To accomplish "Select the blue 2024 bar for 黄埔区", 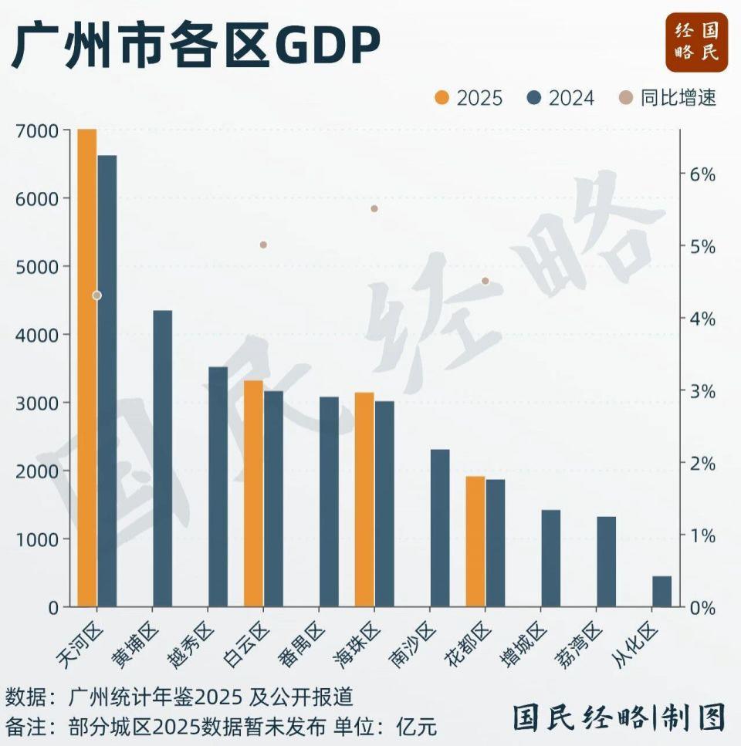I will (162, 459).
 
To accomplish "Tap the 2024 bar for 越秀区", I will (218, 487).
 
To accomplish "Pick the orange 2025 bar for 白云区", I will (254, 494).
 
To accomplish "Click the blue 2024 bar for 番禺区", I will (329, 501).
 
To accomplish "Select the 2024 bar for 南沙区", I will (440, 528).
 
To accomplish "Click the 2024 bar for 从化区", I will (662, 592).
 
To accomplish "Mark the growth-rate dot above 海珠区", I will (374, 208).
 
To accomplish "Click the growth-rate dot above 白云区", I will (263, 245).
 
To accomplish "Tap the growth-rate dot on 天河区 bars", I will (96, 295).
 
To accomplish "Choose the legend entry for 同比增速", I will (668, 98).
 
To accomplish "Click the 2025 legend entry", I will (469, 98).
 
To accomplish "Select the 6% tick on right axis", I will (702, 174).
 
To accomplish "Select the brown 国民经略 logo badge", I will (697, 42).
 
